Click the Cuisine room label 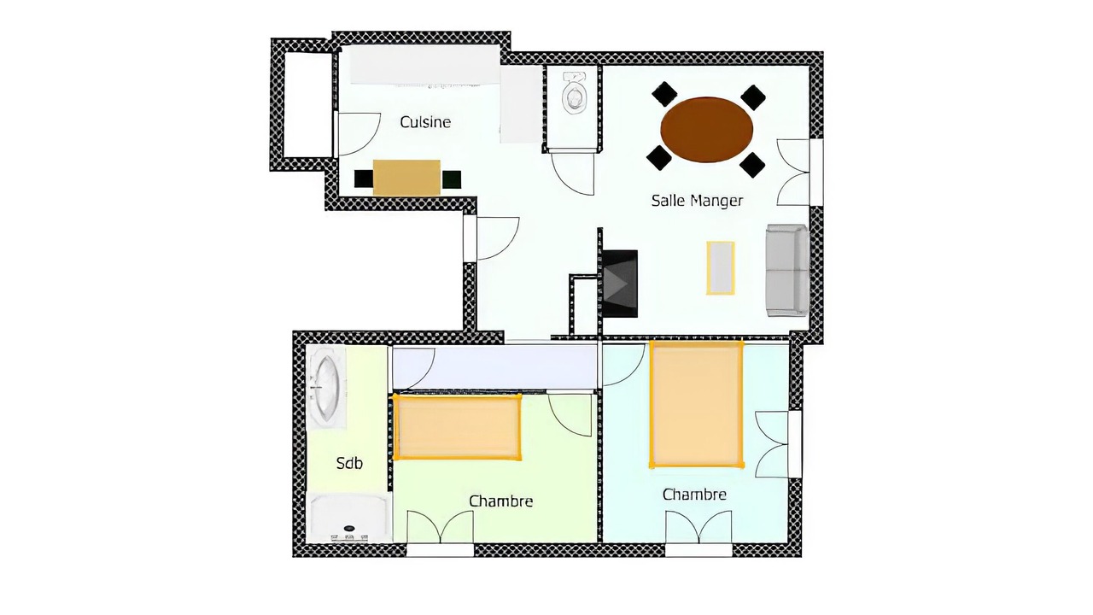point(425,122)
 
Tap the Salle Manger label point(697,201)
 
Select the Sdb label point(349,463)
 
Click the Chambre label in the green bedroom point(500,501)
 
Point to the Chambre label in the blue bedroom point(694,495)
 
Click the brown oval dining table point(706,129)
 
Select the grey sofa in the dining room point(786,271)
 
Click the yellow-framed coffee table point(720,268)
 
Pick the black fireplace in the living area point(620,284)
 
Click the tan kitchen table point(406,178)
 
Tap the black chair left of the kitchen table point(364,179)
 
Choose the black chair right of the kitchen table point(452,179)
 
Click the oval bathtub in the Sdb point(326,389)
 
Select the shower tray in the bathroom point(349,518)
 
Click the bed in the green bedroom point(457,427)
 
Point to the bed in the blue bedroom point(697,404)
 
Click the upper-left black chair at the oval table point(664,94)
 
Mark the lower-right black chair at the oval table point(752,165)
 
